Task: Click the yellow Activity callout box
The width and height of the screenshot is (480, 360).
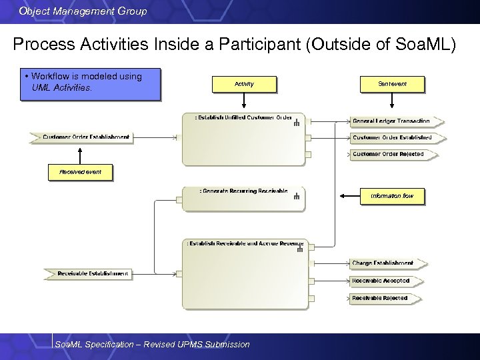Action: (244, 84)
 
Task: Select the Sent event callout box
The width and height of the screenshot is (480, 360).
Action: (392, 84)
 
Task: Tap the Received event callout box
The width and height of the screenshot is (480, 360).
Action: (80, 172)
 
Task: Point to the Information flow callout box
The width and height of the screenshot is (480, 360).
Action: (392, 196)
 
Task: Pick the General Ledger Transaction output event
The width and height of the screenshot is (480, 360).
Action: (396, 121)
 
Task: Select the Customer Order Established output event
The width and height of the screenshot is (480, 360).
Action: (396, 137)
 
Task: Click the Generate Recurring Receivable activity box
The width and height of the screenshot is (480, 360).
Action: (243, 199)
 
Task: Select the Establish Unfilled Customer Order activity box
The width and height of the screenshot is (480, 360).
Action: (243, 140)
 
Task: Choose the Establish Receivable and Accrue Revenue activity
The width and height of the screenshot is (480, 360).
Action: (245, 273)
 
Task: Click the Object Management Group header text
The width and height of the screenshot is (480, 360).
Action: (83, 11)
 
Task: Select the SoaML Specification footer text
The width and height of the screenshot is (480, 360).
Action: (152, 344)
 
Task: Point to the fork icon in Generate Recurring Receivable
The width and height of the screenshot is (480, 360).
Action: (297, 196)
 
